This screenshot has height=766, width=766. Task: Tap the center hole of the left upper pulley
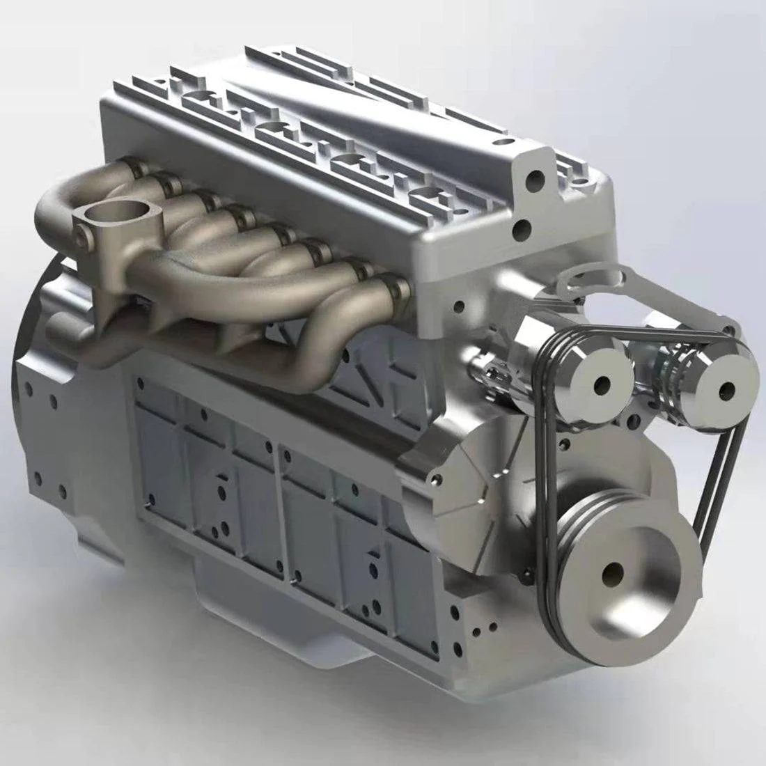(601, 384)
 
